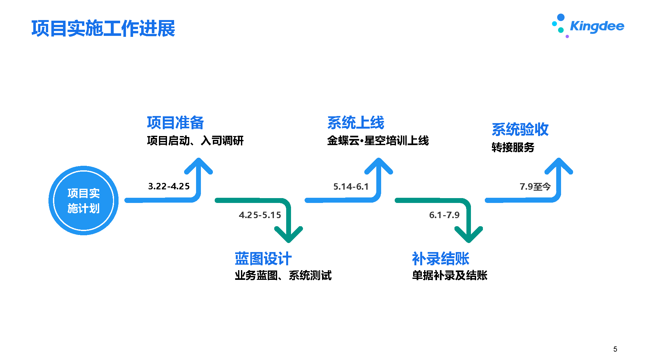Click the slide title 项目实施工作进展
103,28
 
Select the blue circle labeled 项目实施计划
84,201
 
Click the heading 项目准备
175,123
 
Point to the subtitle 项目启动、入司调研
195,141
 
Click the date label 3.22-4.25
169,186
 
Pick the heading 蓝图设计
263,259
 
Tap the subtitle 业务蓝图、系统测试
283,275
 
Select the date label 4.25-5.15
260,215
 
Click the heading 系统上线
356,123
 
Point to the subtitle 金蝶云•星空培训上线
378,141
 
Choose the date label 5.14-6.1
351,187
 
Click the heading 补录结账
441,259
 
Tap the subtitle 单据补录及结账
450,275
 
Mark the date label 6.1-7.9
444,215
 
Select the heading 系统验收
520,130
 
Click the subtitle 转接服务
513,147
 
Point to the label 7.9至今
535,187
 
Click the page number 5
615,349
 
